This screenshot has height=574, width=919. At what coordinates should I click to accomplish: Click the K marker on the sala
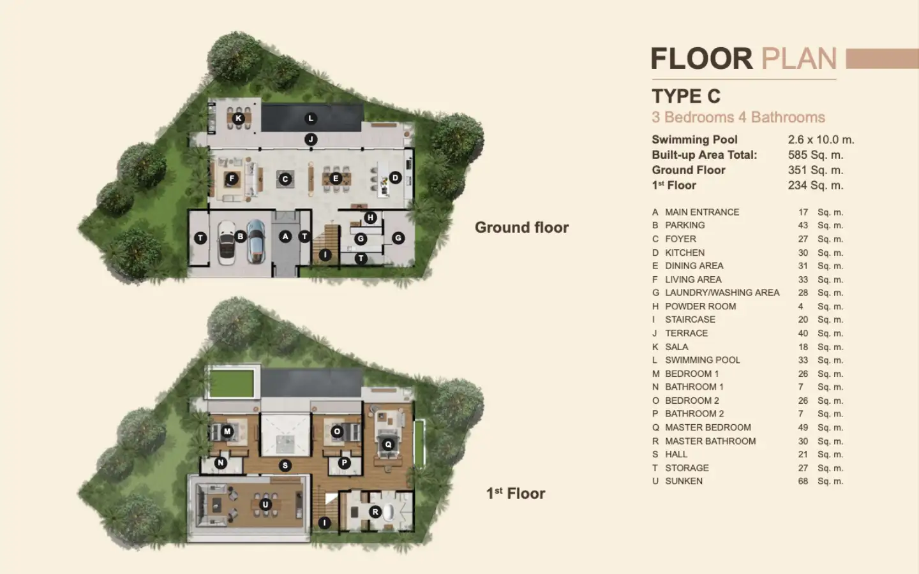click(239, 119)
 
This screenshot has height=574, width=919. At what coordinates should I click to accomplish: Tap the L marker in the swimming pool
click(311, 119)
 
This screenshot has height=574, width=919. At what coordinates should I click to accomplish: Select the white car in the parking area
click(226, 243)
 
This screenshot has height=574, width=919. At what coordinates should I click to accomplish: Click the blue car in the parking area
click(256, 241)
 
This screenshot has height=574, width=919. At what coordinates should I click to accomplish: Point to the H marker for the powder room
click(370, 217)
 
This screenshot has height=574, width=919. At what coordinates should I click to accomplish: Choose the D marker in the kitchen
click(395, 177)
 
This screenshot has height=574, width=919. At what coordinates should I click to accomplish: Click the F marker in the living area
click(232, 179)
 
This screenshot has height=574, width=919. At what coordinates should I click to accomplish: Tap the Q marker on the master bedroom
click(388, 445)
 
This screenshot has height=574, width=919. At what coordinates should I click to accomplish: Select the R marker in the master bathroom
click(375, 511)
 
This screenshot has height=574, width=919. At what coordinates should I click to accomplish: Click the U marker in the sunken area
click(265, 504)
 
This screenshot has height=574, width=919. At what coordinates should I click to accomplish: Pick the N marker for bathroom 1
click(221, 463)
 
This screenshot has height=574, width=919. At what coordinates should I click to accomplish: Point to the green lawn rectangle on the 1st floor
click(232, 383)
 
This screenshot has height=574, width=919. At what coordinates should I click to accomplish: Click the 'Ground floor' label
click(521, 227)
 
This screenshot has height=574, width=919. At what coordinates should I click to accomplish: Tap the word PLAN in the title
click(799, 59)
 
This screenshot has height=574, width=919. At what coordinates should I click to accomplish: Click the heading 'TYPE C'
click(686, 96)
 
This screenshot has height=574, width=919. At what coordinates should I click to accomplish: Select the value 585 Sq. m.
click(815, 155)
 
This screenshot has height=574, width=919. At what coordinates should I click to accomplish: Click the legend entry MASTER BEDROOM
click(708, 427)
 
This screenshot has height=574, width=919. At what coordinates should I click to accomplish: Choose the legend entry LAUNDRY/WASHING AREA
click(722, 293)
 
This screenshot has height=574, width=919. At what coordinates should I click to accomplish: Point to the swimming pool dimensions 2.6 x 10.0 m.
click(821, 140)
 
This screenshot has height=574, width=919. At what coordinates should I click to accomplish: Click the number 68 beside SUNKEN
click(803, 482)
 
